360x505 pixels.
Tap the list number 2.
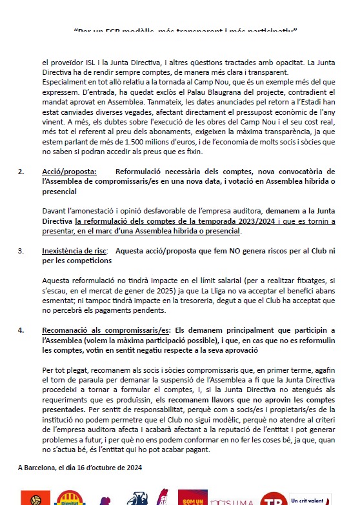[x=21, y=172]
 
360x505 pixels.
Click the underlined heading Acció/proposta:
[x=69, y=172]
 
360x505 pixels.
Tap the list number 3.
[x=21, y=250]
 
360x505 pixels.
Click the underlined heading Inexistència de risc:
[x=75, y=250]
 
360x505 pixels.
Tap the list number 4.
[x=21, y=330]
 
